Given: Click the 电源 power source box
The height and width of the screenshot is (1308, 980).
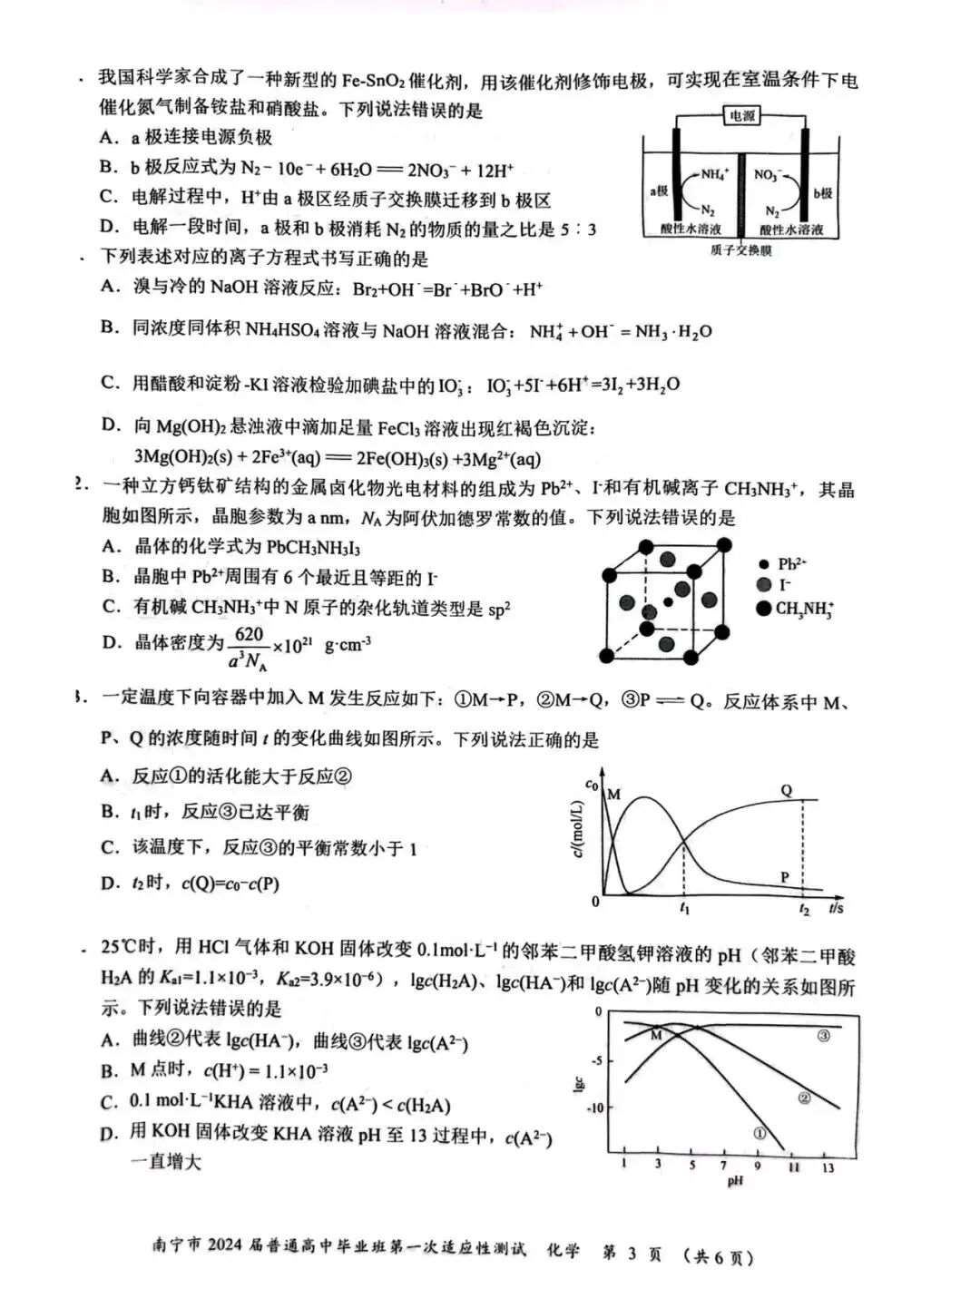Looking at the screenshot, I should [741, 116].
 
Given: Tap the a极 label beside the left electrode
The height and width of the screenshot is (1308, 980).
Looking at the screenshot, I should [658, 191].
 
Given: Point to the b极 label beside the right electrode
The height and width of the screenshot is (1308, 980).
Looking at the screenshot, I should [822, 193].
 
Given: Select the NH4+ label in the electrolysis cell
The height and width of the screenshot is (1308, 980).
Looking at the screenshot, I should [715, 172].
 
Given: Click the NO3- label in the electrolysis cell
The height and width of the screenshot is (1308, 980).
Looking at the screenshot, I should [768, 173].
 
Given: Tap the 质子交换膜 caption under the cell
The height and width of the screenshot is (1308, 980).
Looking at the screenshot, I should [740, 250].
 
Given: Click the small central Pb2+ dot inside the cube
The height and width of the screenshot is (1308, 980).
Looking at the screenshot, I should [669, 601].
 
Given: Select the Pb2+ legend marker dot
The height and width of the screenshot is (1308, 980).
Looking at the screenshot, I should [764, 564].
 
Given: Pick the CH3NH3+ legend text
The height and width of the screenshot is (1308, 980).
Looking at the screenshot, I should [805, 609].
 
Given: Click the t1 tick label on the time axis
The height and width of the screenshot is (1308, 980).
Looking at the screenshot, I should [684, 908].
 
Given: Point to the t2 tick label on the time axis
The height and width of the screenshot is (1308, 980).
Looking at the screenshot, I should [804, 909].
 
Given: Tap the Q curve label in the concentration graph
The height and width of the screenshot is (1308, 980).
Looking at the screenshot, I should [787, 790].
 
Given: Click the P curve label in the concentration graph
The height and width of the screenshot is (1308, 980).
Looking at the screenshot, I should [785, 877].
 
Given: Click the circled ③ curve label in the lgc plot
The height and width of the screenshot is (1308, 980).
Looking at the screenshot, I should [823, 1036].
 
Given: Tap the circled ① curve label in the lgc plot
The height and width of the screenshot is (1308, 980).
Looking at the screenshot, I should [759, 1133].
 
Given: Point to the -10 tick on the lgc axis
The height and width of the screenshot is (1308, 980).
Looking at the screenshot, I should [595, 1108].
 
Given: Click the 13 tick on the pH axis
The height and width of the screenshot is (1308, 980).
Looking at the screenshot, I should [828, 1167].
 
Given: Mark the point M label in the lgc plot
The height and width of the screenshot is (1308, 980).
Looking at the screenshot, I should [656, 1035].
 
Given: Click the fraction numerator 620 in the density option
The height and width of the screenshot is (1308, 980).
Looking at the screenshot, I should [249, 634].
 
